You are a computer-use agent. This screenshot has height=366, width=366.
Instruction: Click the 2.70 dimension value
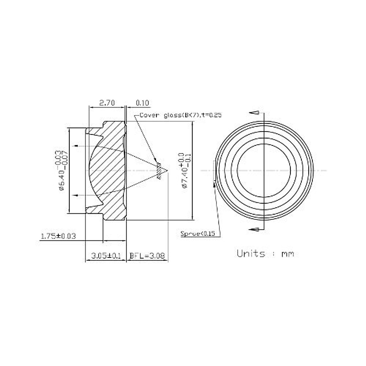point(107,103)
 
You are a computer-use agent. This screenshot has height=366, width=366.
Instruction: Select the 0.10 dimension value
point(142,103)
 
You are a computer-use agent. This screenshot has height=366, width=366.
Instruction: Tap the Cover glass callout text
point(180,115)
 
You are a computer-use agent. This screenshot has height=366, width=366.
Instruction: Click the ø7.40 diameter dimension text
point(184,170)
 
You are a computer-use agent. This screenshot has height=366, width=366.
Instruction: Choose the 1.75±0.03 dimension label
point(58,236)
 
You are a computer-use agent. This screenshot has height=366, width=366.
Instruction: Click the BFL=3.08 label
point(147,256)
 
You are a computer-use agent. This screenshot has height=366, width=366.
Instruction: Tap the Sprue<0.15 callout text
point(198,234)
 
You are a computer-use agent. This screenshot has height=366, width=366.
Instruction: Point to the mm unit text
point(288,254)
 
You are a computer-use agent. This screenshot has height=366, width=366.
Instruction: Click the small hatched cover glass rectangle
point(159,171)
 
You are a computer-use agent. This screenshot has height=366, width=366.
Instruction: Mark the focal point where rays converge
point(167,170)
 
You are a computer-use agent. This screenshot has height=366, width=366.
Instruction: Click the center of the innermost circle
point(264,170)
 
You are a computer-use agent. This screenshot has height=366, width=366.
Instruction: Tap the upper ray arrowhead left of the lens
point(76,146)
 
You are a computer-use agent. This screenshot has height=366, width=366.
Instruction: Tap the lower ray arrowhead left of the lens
point(76,195)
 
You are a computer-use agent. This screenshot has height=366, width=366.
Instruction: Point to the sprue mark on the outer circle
point(216,171)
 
